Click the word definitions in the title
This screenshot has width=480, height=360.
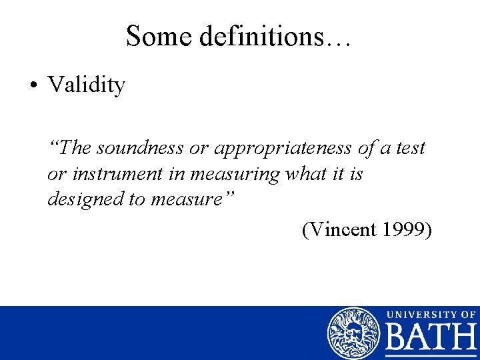pyautogui.click(x=253, y=36)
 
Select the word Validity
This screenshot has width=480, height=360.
pyautogui.click(x=86, y=85)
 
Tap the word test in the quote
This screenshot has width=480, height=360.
pyautogui.click(x=409, y=147)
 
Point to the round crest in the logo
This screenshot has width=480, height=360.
pyautogui.click(x=353, y=333)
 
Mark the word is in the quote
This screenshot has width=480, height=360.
pyautogui.click(x=356, y=174)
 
